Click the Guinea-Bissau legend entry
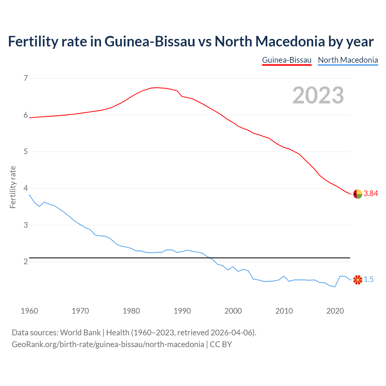286,60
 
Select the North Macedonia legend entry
348,60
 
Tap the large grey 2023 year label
318,95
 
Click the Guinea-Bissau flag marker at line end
358,194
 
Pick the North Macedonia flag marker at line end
358,280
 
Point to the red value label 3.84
371,194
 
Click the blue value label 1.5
369,280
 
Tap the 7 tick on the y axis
26,78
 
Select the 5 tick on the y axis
26,152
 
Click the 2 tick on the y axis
26,262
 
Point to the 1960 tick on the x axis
29,311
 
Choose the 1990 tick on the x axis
182,311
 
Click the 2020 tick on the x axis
335,311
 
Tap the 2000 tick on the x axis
233,311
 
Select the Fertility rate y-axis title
13,187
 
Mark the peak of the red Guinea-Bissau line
156,87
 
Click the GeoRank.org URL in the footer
108,344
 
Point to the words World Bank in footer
80,333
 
